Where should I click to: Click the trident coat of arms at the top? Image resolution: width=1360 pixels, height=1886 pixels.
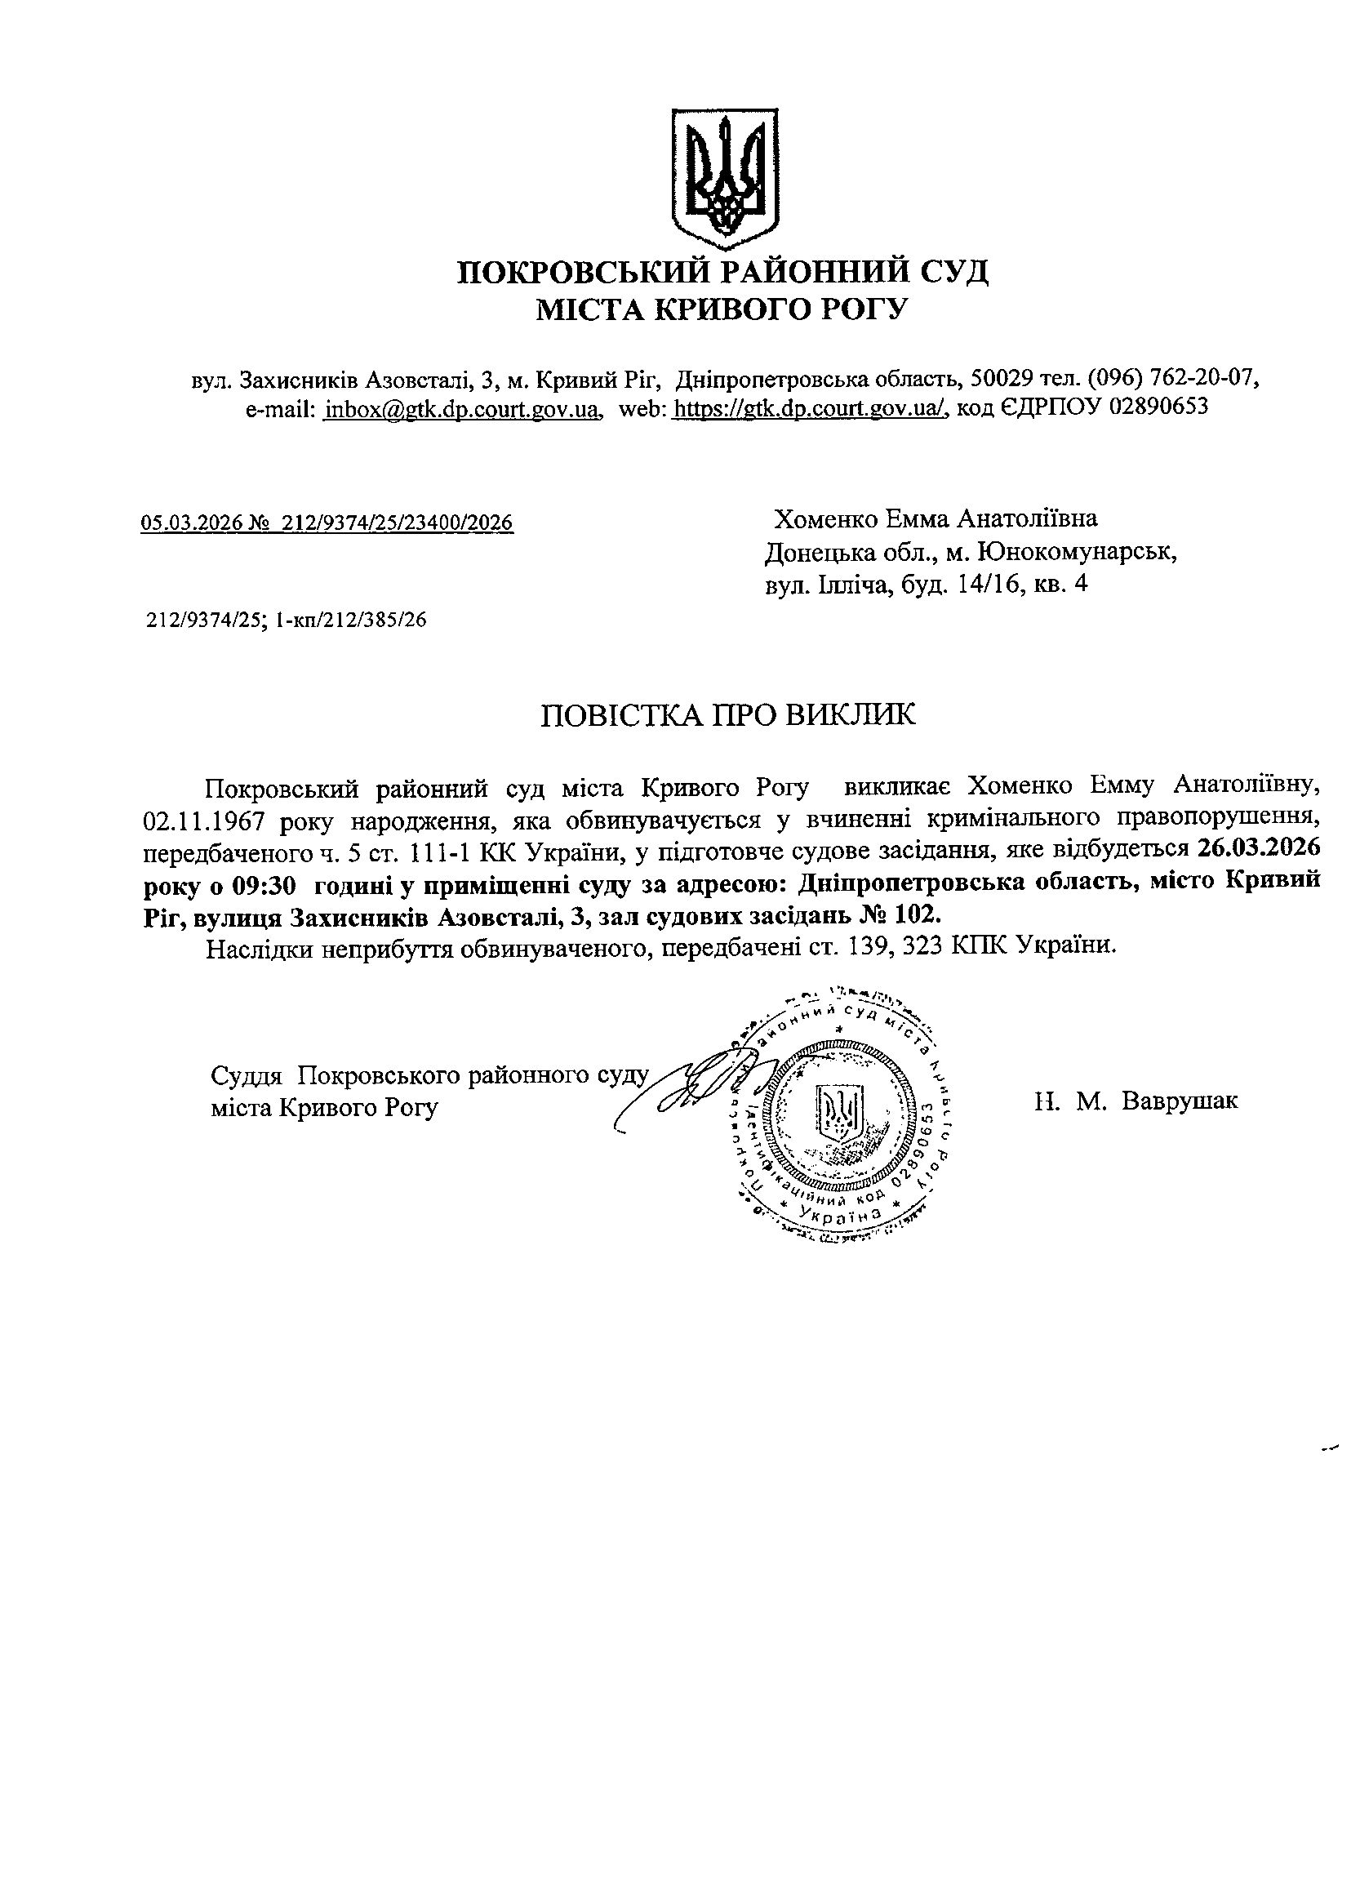[x=724, y=178]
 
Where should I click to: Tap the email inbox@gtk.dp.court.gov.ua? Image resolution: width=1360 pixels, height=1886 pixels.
[x=463, y=408]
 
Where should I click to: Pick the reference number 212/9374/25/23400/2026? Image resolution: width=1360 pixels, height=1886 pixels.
[x=398, y=523]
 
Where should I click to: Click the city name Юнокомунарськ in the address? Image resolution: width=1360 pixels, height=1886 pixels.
[x=1078, y=552]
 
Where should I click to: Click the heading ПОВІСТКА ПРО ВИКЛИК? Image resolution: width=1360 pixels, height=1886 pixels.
[x=727, y=715]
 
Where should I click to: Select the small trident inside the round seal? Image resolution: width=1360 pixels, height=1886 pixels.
[x=842, y=1114]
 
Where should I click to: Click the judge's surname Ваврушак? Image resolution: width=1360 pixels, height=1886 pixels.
[x=1179, y=1101]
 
